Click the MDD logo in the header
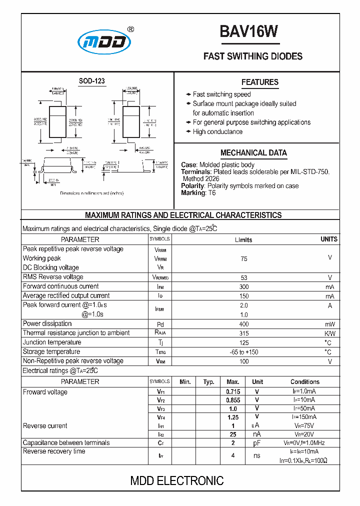tap(104, 43)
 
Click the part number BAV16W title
tap(248, 32)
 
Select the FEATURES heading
tap(259, 82)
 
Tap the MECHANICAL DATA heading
tap(253, 153)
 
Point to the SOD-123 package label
tap(92, 81)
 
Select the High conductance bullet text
tap(217, 132)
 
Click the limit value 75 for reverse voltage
tap(243, 259)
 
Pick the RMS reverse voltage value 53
tap(243, 277)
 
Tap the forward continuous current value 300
tap(243, 287)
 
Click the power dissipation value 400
tap(243, 324)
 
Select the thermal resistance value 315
tap(243, 333)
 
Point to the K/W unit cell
tap(330, 333)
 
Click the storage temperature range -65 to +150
tap(243, 352)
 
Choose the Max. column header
tap(233, 382)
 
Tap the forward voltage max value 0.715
tap(233, 391)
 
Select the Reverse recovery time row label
tap(54, 451)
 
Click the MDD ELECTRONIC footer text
tap(177, 481)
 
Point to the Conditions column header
tap(304, 382)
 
